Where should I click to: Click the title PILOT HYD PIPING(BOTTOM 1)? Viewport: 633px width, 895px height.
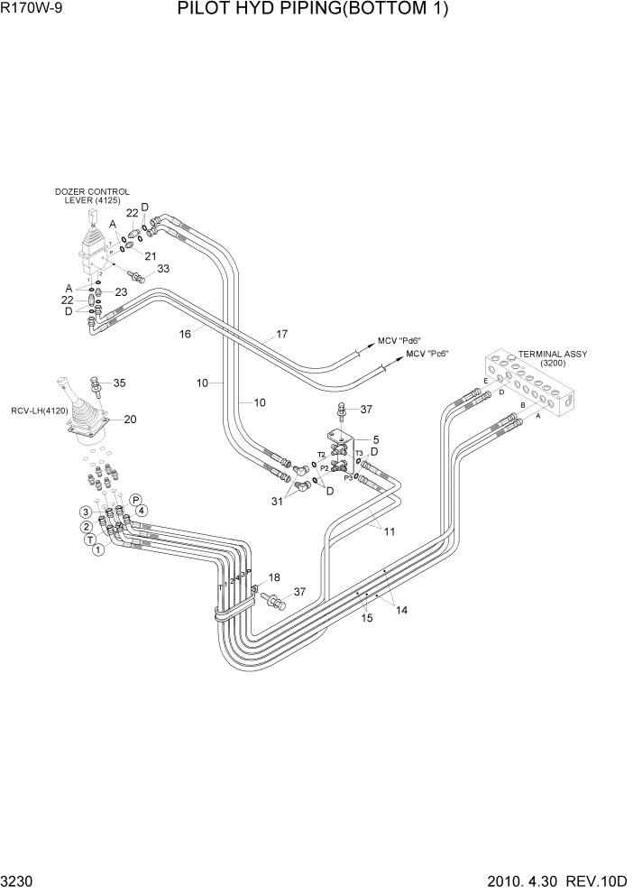[313, 10]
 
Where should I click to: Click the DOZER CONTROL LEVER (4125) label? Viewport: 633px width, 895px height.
[92, 196]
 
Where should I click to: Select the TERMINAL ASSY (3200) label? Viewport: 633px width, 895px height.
[552, 359]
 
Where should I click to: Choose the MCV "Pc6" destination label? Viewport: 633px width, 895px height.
[427, 354]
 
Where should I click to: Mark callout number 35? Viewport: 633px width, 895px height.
[119, 382]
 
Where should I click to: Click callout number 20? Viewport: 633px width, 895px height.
[130, 419]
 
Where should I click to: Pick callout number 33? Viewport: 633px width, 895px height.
[163, 269]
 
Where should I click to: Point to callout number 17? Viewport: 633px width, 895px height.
[281, 334]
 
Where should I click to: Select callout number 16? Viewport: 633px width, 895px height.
[185, 334]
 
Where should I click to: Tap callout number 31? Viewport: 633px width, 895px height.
[277, 502]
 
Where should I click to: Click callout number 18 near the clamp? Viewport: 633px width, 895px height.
[274, 577]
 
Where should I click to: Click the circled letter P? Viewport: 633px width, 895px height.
[136, 499]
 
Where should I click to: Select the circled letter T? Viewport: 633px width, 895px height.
[90, 539]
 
